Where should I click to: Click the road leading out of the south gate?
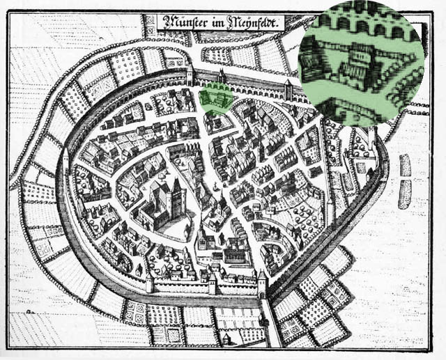(272, 327)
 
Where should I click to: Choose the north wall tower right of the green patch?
(288, 88)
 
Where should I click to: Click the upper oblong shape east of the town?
(405, 166)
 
